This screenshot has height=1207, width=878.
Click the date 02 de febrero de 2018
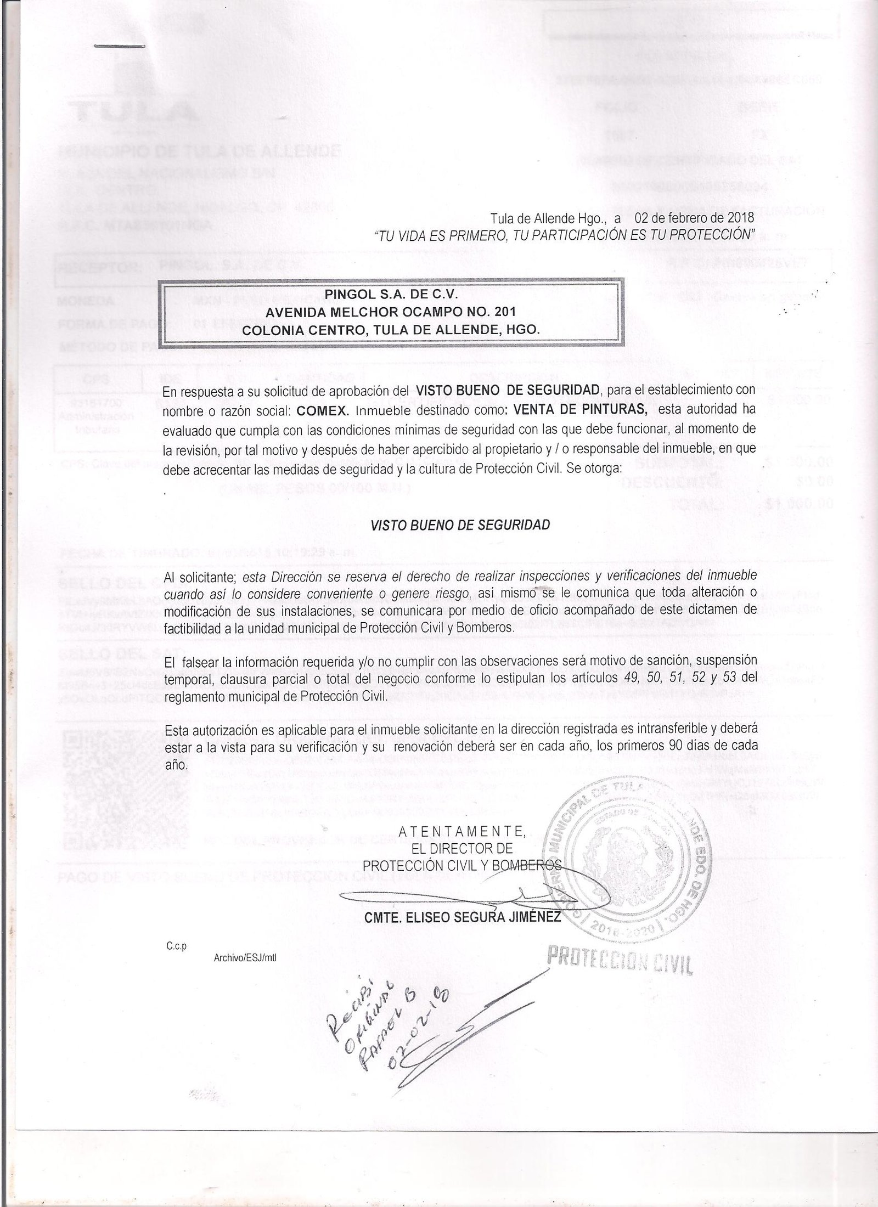pyautogui.click(x=695, y=218)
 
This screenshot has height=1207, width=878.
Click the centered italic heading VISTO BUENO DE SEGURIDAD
pyautogui.click(x=460, y=525)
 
